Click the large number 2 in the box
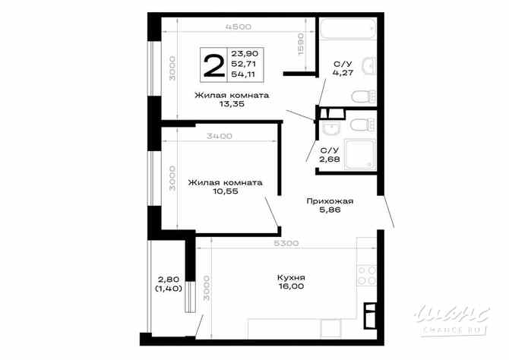pos(213,65)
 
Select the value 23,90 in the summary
pos(244,53)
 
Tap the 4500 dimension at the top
pos(238,27)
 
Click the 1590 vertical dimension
pos(301,46)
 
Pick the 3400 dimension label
pos(219,136)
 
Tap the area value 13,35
pos(232,106)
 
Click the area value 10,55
pos(226,193)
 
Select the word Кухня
pos(291,277)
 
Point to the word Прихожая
pos(330,201)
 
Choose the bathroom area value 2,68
pos(329,160)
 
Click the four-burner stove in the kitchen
pos(365,271)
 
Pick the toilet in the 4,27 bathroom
pos(364,95)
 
